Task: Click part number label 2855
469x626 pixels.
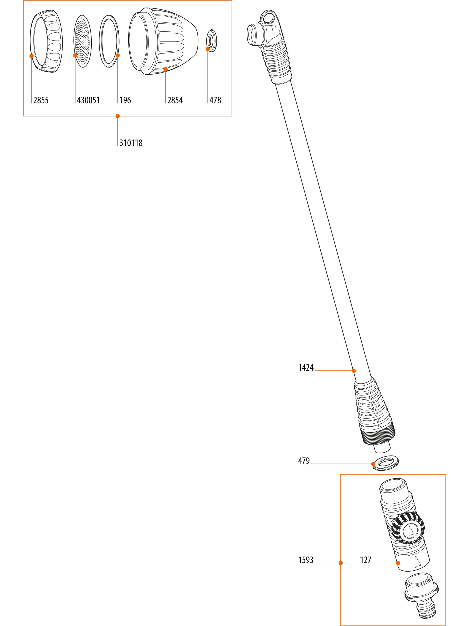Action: pyautogui.click(x=41, y=100)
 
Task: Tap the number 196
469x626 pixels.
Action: pyautogui.click(x=125, y=100)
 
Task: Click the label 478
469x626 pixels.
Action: pyautogui.click(x=215, y=100)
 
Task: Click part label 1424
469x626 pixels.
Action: pyautogui.click(x=306, y=368)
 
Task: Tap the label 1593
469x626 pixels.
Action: pyautogui.click(x=306, y=560)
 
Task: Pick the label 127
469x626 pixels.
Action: pyautogui.click(x=366, y=560)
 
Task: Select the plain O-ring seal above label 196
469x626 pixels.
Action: pyautogui.click(x=109, y=41)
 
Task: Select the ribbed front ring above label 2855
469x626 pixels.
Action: pyautogui.click(x=46, y=41)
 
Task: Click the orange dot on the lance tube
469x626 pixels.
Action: pyautogui.click(x=354, y=370)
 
